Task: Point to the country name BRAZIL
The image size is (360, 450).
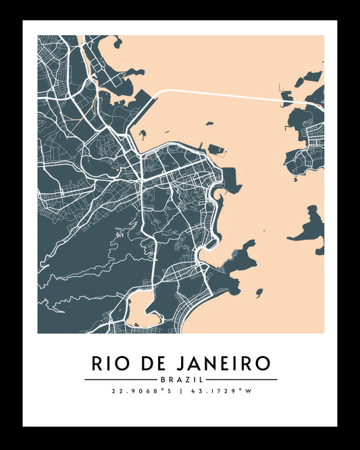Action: [180, 380]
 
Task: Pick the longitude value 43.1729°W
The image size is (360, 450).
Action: [217, 391]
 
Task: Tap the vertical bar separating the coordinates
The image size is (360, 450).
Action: [180, 391]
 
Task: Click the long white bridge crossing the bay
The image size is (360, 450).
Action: [223, 94]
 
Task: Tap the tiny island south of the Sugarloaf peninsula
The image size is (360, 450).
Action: [259, 293]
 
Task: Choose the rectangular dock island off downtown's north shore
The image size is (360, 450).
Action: [217, 149]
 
